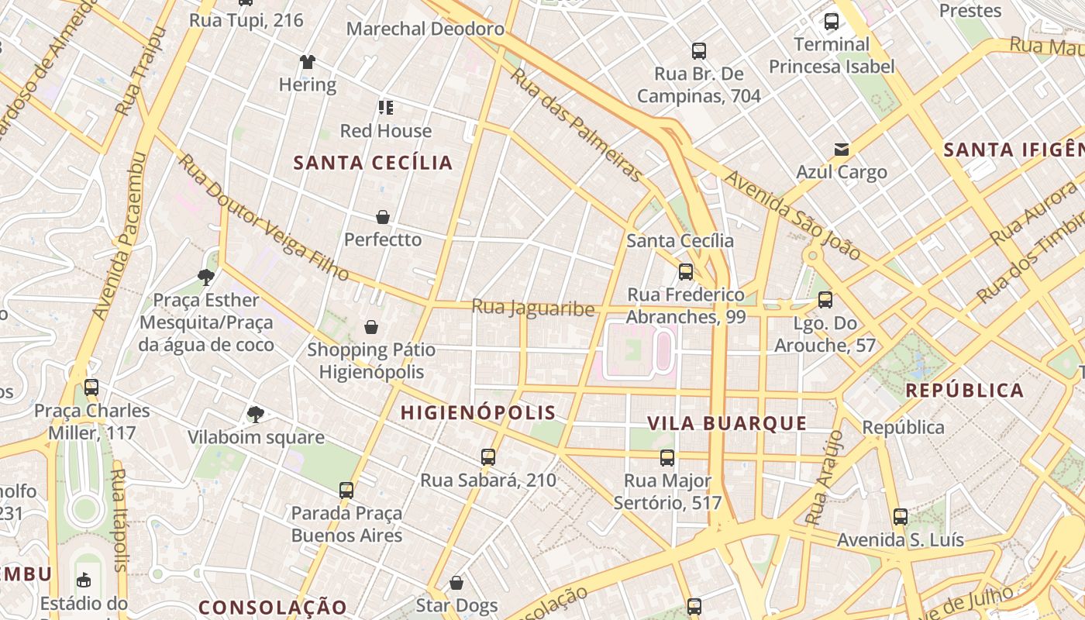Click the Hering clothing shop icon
(x=308, y=62)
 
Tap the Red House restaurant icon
(x=385, y=108)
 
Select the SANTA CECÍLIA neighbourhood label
(x=373, y=163)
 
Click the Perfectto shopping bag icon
(x=382, y=217)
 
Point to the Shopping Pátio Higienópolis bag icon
(x=371, y=327)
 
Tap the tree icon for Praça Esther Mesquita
(x=205, y=277)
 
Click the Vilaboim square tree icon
(x=256, y=415)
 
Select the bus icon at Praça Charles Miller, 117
(x=91, y=387)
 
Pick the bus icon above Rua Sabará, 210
(x=487, y=457)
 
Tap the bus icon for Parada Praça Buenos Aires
(x=346, y=490)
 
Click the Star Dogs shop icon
(x=456, y=582)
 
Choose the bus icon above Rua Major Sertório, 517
(x=667, y=457)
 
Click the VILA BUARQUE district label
(x=727, y=423)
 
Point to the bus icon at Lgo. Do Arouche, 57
(x=825, y=300)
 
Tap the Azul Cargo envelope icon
(x=842, y=149)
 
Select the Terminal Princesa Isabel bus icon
(x=832, y=22)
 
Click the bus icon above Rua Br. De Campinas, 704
(x=699, y=51)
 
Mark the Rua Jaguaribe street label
(x=533, y=308)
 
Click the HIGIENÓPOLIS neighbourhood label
(x=478, y=413)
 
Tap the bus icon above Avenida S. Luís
(x=900, y=516)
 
